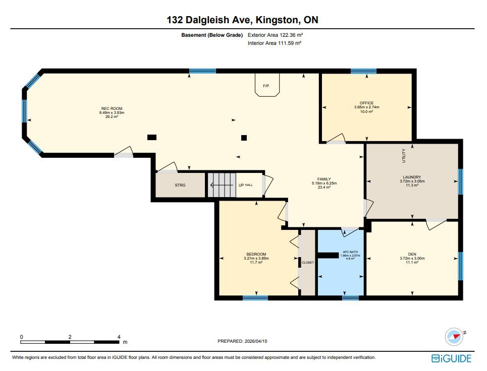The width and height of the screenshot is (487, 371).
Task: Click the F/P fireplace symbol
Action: [x=267, y=85]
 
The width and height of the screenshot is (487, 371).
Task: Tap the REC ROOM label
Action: [x=112, y=108]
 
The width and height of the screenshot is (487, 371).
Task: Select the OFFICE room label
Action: [x=366, y=103]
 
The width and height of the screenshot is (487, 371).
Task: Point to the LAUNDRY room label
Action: [x=412, y=177]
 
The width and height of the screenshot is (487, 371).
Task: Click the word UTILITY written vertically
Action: [x=404, y=156]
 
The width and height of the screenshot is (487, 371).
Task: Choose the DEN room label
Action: [x=412, y=254]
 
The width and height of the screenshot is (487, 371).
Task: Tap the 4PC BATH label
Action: [x=350, y=252]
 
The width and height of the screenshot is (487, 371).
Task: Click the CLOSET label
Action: [x=308, y=263]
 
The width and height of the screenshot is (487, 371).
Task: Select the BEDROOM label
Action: [x=256, y=254]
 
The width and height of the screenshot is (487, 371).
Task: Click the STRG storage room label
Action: [x=180, y=185]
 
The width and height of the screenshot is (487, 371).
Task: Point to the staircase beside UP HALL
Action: [x=222, y=185]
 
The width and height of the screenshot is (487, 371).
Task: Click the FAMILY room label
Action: [x=324, y=179]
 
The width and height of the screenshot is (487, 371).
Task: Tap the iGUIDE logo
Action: [x=451, y=358]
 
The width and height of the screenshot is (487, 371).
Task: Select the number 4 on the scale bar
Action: [x=119, y=337]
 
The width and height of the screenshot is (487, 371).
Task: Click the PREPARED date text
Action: [x=242, y=341]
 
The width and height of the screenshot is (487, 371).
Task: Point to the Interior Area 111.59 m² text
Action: [x=275, y=43]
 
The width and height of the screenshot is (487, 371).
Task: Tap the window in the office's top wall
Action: [x=363, y=71]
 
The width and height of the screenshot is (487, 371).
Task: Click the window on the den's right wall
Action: [x=461, y=266]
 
